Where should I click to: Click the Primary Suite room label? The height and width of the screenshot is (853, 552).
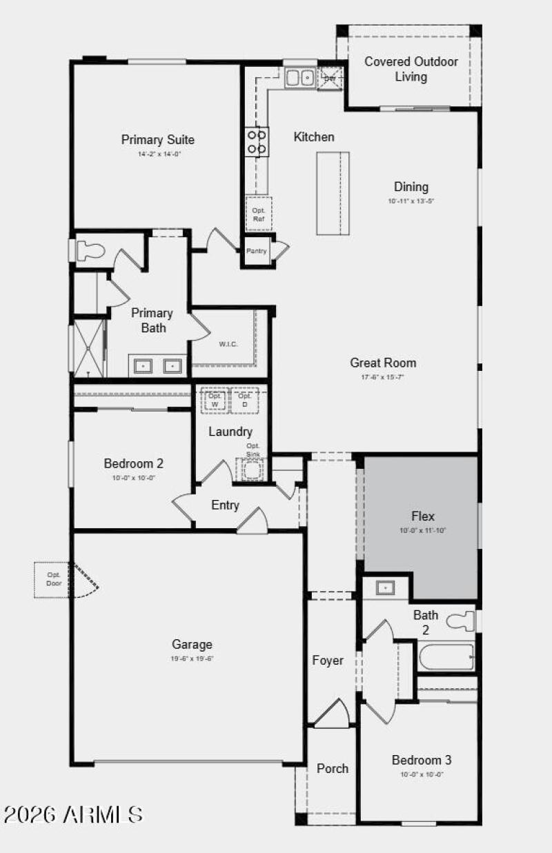(158, 140)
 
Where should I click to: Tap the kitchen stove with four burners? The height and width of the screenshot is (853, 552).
(257, 141)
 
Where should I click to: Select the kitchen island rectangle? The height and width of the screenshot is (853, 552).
(333, 193)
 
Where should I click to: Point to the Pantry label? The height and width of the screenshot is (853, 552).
(256, 251)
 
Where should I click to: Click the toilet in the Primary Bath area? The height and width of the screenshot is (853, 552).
(88, 250)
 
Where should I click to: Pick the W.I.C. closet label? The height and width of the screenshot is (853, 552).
(228, 344)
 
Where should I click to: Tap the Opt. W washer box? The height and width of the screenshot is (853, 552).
(215, 400)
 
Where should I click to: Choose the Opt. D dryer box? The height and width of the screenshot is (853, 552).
(244, 400)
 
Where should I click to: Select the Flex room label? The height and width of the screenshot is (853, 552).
(423, 516)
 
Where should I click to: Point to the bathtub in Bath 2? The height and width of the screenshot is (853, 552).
(446, 657)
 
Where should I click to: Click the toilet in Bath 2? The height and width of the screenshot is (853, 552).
(462, 621)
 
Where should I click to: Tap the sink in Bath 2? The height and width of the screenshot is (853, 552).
(384, 588)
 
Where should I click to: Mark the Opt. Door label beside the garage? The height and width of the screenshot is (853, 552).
(54, 579)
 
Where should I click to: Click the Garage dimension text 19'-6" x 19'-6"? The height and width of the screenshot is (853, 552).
(192, 659)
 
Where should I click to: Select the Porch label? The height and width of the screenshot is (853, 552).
(333, 768)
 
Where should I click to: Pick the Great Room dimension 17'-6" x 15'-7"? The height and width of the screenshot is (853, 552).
(383, 377)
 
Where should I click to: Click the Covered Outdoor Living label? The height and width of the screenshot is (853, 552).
(411, 69)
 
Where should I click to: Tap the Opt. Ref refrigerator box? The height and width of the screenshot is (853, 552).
(259, 214)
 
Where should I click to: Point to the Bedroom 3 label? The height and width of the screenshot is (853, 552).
(422, 760)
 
